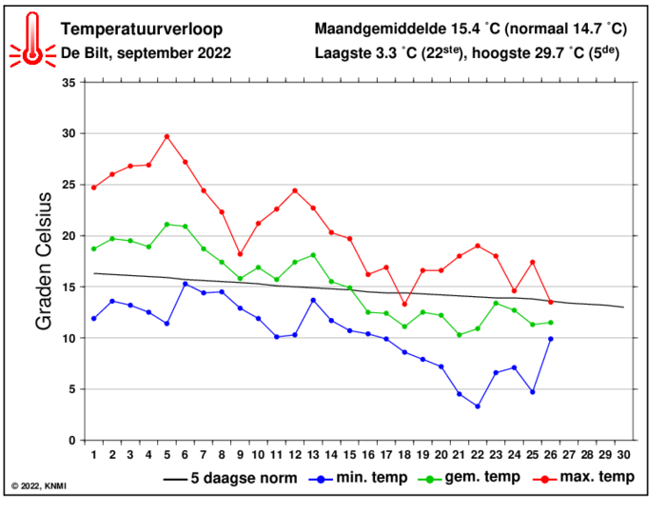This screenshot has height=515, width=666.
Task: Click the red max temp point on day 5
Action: point(166,136)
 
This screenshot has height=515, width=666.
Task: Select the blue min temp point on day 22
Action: point(478,406)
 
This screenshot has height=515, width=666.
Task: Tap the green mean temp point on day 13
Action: point(313,255)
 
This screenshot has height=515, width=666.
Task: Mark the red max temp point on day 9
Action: point(240,254)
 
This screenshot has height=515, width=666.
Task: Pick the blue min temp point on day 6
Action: point(186,284)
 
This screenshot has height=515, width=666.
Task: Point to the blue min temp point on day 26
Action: point(551,339)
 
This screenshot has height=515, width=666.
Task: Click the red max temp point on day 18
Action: point(404,305)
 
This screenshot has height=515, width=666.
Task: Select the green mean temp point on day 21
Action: point(460,335)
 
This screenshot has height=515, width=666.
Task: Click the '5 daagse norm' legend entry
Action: point(230,478)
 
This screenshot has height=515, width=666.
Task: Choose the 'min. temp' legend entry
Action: point(358,478)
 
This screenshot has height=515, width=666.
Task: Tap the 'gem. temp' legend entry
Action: point(469,478)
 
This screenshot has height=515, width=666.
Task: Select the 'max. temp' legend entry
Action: point(583,478)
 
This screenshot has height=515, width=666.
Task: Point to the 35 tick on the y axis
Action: point(69,83)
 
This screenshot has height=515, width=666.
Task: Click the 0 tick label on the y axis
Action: point(71,441)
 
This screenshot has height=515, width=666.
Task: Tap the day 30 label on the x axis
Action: point(623,455)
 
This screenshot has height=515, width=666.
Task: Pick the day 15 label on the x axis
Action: point(349,455)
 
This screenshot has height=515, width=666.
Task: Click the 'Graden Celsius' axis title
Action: point(44,262)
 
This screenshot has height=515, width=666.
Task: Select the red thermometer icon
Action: point(32,39)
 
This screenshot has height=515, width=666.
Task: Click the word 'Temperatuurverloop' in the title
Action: point(142,29)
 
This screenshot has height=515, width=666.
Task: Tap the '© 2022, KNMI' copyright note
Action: point(39,485)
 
